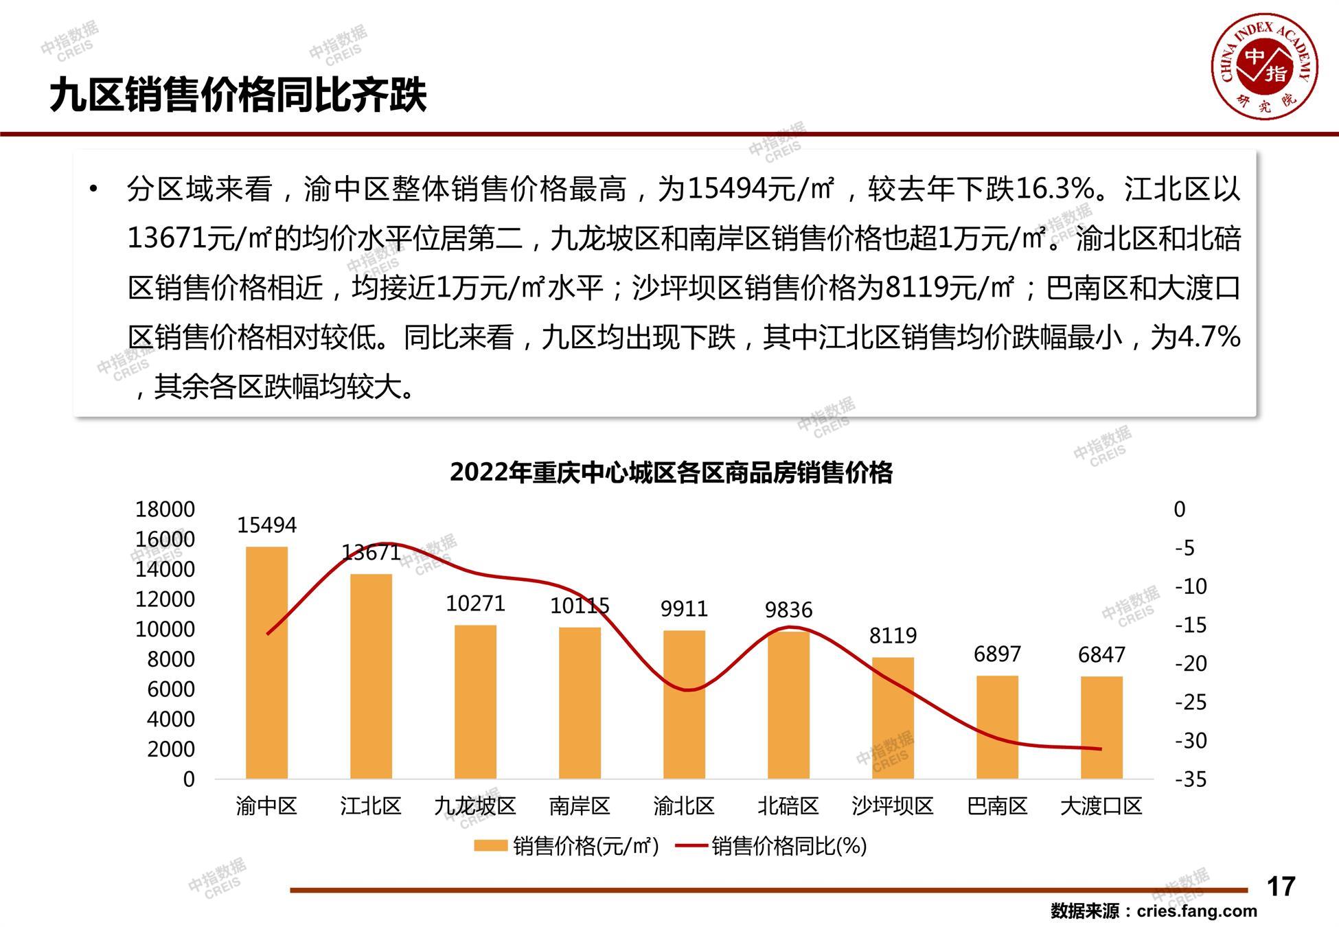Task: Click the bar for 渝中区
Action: (266, 663)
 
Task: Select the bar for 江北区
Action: (371, 676)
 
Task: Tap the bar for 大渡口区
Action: (1101, 728)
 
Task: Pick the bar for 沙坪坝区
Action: (893, 718)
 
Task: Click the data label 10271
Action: (475, 604)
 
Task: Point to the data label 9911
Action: (684, 608)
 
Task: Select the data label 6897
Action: (997, 654)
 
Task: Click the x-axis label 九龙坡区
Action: (475, 805)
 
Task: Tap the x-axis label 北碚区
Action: (788, 805)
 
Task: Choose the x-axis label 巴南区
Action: (997, 805)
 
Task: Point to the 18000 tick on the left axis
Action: (165, 509)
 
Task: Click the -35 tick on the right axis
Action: (1190, 779)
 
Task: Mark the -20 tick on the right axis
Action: (1190, 663)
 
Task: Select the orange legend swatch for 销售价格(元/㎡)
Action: (490, 846)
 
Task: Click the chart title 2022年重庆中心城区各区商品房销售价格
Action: (671, 472)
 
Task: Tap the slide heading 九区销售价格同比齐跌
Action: (238, 95)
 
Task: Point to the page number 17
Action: (1281, 886)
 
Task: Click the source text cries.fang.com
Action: (1197, 911)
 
